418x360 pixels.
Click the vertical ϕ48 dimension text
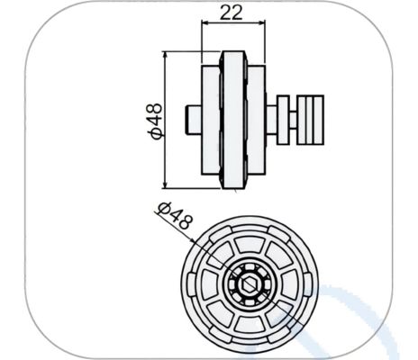[x=154, y=120]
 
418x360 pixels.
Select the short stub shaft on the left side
[x=192, y=117]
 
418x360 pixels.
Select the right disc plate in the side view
[x=258, y=118]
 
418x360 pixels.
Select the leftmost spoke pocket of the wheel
[x=204, y=285]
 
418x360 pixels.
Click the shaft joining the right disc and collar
[x=271, y=118]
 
